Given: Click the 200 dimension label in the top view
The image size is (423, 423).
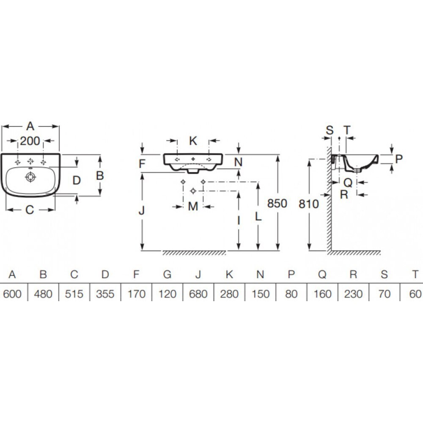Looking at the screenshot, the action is click(30, 141).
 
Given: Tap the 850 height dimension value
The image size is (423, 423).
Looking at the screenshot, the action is click(277, 203).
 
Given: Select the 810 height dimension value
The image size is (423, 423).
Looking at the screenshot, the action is click(309, 204).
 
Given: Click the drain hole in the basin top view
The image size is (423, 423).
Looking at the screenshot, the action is click(30, 177).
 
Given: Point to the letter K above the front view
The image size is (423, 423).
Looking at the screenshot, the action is click(193, 141).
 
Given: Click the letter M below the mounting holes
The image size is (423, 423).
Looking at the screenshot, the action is click(193, 206).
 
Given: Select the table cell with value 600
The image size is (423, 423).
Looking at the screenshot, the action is click(12, 294).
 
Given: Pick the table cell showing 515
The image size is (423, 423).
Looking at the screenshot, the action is click(74, 294).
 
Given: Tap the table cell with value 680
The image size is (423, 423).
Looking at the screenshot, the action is click(198, 294).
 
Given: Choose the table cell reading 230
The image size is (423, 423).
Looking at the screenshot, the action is click(353, 294).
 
